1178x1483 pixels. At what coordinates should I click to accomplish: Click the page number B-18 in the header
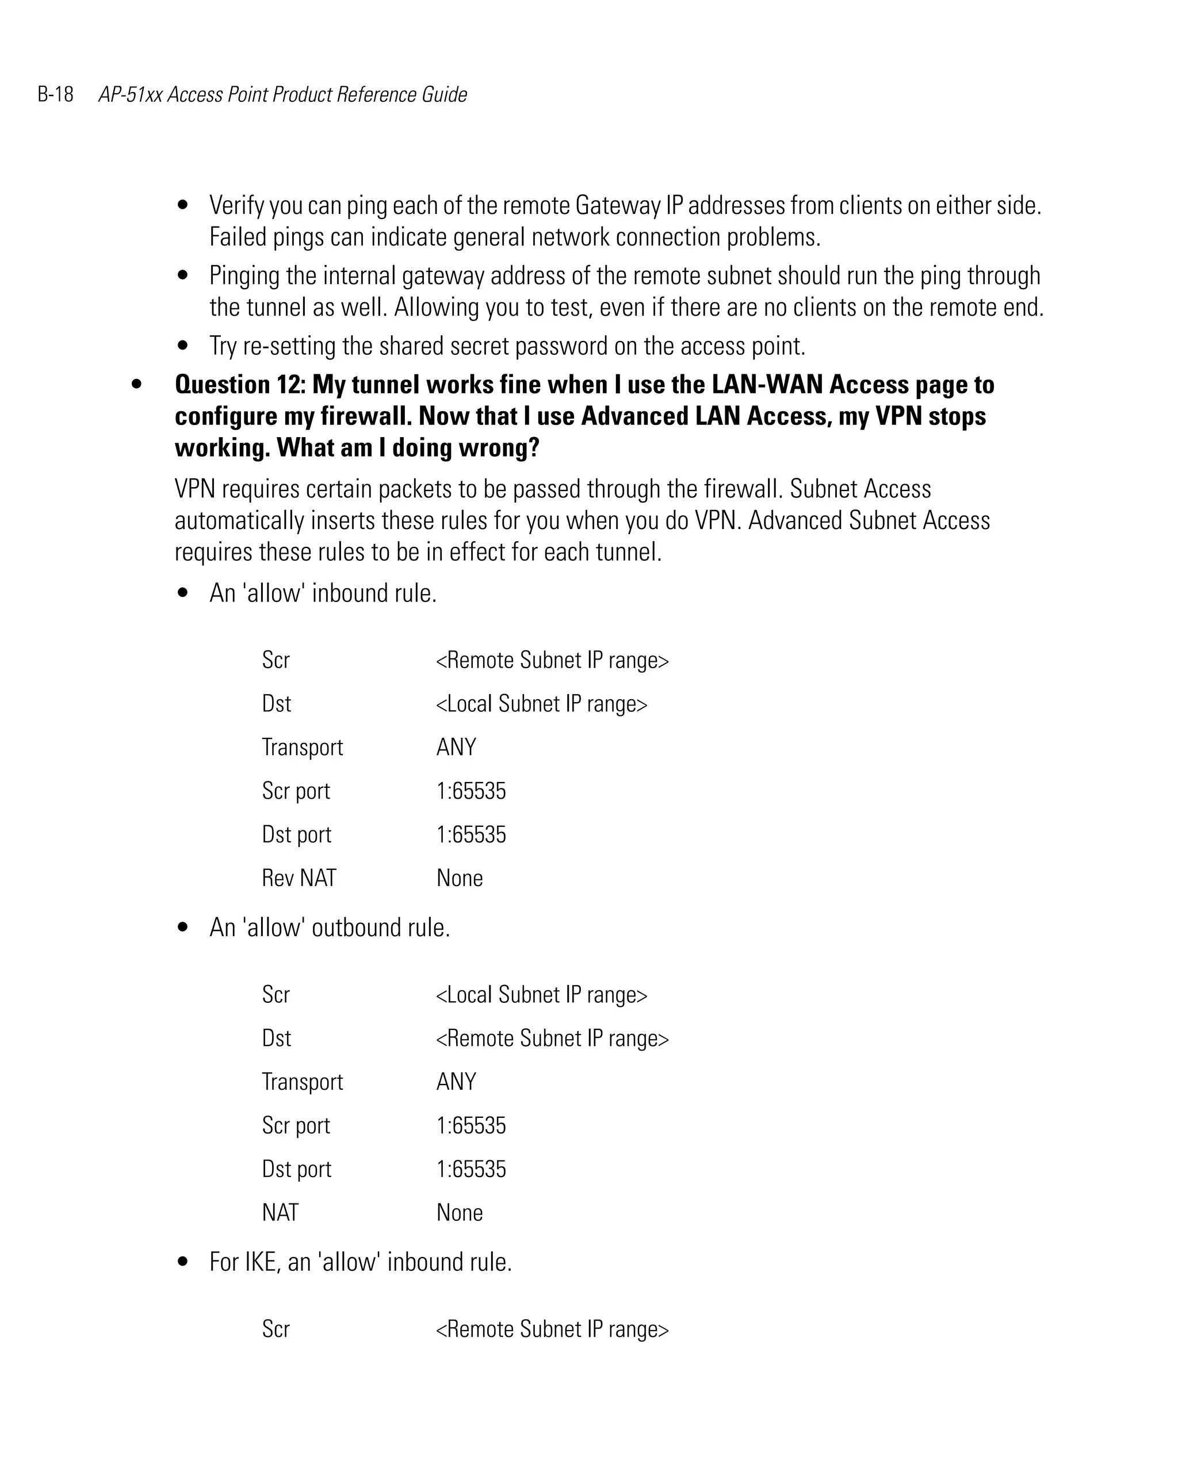[55, 94]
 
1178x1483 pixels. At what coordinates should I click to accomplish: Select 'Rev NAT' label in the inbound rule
[299, 879]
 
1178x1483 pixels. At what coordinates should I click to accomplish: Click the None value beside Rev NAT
[459, 879]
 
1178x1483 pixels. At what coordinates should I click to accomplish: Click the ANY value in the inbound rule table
[456, 747]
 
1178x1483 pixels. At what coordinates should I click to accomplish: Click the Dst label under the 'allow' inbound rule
[276, 704]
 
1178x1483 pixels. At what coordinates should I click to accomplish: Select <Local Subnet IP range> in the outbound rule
[541, 995]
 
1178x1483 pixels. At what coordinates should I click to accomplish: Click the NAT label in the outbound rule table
[280, 1213]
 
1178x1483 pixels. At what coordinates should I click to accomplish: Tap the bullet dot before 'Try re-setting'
[182, 346]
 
